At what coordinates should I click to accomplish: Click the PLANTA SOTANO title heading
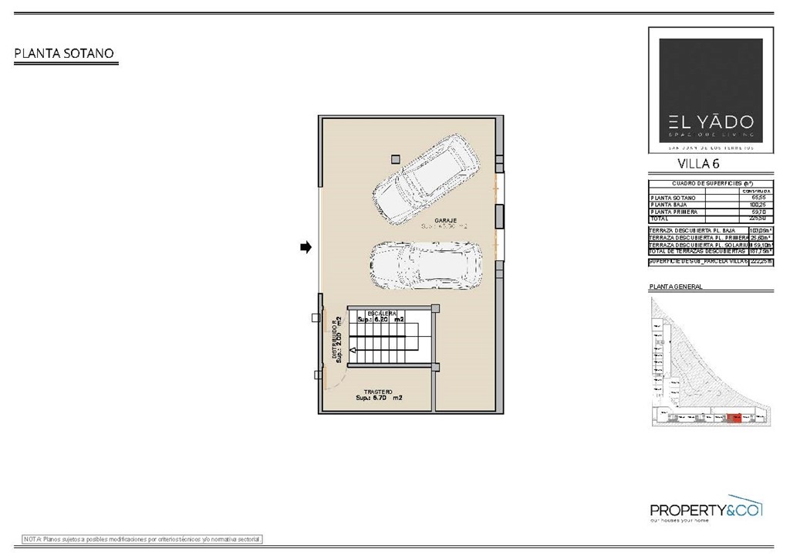pyautogui.click(x=64, y=53)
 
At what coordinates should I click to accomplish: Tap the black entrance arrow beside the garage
pyautogui.click(x=306, y=247)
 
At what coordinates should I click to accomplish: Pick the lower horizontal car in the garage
pyautogui.click(x=425, y=264)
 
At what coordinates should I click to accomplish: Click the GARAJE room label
pyautogui.click(x=445, y=221)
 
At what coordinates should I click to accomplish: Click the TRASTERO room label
pyautogui.click(x=379, y=392)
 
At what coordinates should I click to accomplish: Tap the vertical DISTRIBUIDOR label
pyautogui.click(x=336, y=341)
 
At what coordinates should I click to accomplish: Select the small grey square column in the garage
pyautogui.click(x=395, y=158)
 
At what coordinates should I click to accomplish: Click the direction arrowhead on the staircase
pyautogui.click(x=352, y=351)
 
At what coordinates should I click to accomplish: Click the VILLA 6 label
pyautogui.click(x=698, y=163)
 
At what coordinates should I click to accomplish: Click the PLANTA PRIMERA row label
pyautogui.click(x=675, y=212)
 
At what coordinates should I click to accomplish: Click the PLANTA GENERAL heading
pyautogui.click(x=676, y=287)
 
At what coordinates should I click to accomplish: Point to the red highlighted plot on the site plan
pyautogui.click(x=734, y=418)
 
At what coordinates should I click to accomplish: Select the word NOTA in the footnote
pyautogui.click(x=32, y=538)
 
